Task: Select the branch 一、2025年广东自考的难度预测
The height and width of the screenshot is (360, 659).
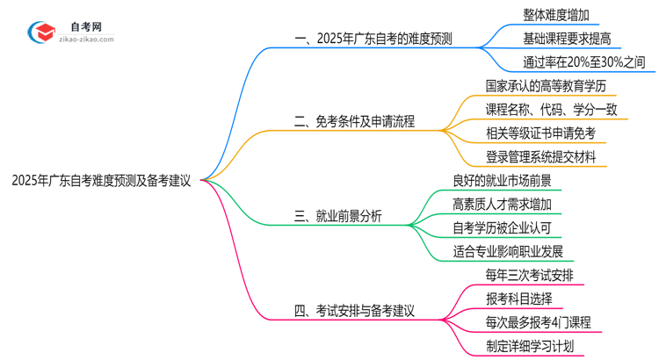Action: click(376, 39)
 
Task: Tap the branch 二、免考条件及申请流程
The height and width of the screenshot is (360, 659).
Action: click(354, 121)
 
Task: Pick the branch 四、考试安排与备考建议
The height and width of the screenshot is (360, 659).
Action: click(354, 310)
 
